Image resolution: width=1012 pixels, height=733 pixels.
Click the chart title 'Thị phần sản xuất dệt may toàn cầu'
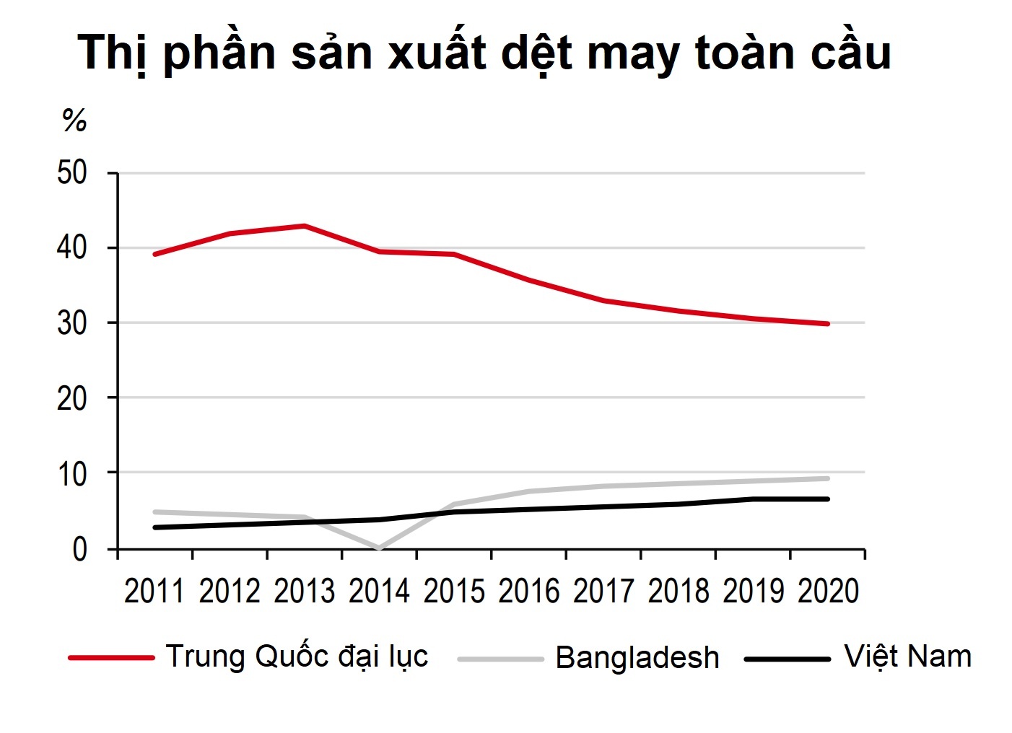pos(484,53)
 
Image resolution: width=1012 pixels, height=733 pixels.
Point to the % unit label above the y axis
pos(74,120)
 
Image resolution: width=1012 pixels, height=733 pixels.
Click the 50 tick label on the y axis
pos(72,173)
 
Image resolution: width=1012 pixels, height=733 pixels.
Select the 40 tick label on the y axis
pos(72,248)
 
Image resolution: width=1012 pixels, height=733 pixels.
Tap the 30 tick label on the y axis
pos(72,323)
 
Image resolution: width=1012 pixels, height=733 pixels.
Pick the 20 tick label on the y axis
pos(72,398)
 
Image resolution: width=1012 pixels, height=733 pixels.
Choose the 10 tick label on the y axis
pos(72,474)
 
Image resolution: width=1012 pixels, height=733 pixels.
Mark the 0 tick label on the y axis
pos(79,550)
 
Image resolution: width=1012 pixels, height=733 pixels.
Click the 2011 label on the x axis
pos(154,592)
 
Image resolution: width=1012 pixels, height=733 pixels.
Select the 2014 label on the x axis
pos(379,592)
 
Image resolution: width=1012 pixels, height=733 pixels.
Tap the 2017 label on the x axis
pos(603,592)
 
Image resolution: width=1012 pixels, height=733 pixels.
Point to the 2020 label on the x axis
pos(828,592)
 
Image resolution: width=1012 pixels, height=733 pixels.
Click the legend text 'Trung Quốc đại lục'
pos(297,657)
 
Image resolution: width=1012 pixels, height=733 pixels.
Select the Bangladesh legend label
pos(637,658)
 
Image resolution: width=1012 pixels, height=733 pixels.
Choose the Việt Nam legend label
pos(907,657)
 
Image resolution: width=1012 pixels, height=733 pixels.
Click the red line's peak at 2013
pos(305,226)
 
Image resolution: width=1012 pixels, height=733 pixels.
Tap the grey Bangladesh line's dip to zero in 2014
pos(379,548)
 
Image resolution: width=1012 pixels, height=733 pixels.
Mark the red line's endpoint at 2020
pos(827,324)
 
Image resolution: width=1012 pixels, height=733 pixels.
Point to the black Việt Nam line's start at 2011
pos(155,527)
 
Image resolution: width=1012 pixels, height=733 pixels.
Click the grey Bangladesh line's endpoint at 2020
pos(827,478)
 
